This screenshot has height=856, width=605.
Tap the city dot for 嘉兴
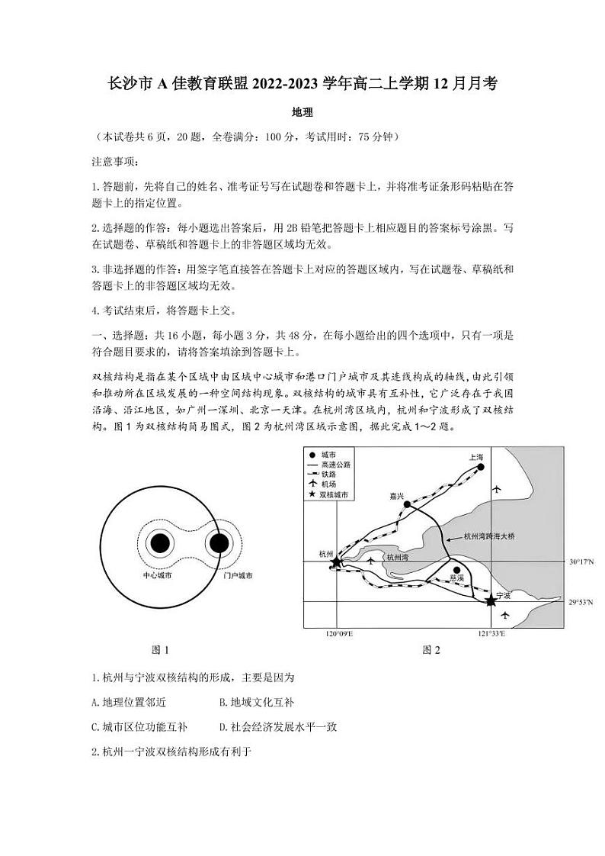point(407,504)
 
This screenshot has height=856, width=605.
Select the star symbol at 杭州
point(336,562)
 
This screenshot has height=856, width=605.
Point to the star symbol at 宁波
point(491,602)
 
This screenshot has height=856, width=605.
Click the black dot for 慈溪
point(456,569)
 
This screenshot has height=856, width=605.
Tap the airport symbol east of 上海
point(498,488)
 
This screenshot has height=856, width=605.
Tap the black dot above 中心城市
point(159,543)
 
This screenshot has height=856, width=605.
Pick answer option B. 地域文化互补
point(256,702)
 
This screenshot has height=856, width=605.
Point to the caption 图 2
point(431,650)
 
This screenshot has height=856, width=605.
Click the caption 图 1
point(160,650)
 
